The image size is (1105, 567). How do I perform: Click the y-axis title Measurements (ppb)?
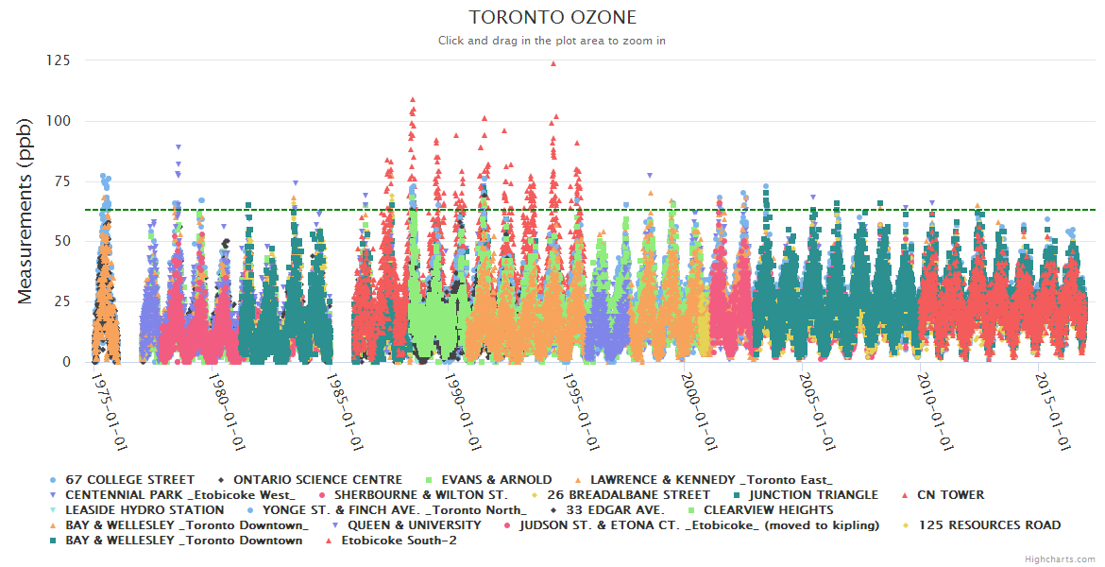pyautogui.click(x=25, y=211)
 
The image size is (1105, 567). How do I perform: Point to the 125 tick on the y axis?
pyautogui.click(x=57, y=60)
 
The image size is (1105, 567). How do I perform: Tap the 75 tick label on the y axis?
pyautogui.click(x=60, y=181)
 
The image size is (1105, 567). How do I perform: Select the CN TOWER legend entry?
pyautogui.click(x=950, y=495)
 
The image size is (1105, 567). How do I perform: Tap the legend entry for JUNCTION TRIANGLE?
pyautogui.click(x=812, y=495)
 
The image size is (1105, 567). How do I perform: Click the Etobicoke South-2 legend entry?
pyautogui.click(x=398, y=541)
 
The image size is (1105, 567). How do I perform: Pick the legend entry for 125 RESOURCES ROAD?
pyautogui.click(x=989, y=525)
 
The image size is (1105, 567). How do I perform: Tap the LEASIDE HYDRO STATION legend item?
pyautogui.click(x=144, y=510)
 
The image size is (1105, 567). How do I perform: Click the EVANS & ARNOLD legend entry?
pyautogui.click(x=496, y=480)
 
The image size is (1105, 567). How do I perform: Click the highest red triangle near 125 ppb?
pyautogui.click(x=553, y=64)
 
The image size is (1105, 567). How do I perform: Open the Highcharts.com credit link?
pyautogui.click(x=1060, y=559)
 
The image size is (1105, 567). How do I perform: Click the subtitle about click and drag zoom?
pyautogui.click(x=552, y=41)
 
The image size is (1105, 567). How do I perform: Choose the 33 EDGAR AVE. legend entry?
pyautogui.click(x=612, y=510)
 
